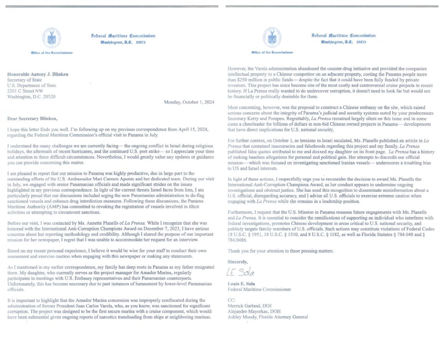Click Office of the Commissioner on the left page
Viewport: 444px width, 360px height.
[52, 52]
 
